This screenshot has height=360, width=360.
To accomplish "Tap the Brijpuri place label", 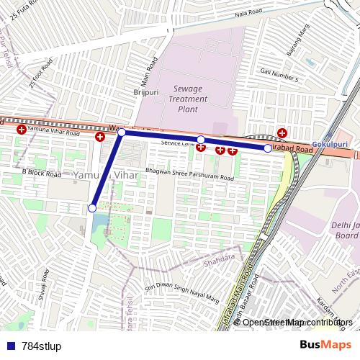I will click(x=145, y=93).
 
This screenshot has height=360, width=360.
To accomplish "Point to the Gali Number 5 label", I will click(x=279, y=78).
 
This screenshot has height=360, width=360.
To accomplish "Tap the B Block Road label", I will click(x=41, y=172).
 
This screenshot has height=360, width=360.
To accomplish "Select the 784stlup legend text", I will click(x=42, y=346).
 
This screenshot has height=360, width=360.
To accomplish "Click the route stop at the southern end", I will click(x=91, y=208).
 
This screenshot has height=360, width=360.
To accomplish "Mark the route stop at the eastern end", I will click(x=268, y=148).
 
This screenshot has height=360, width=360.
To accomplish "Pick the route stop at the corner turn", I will click(x=122, y=132).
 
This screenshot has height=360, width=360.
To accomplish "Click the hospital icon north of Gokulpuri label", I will click(x=282, y=132).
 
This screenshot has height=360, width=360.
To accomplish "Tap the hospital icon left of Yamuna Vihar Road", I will click(x=22, y=130).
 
